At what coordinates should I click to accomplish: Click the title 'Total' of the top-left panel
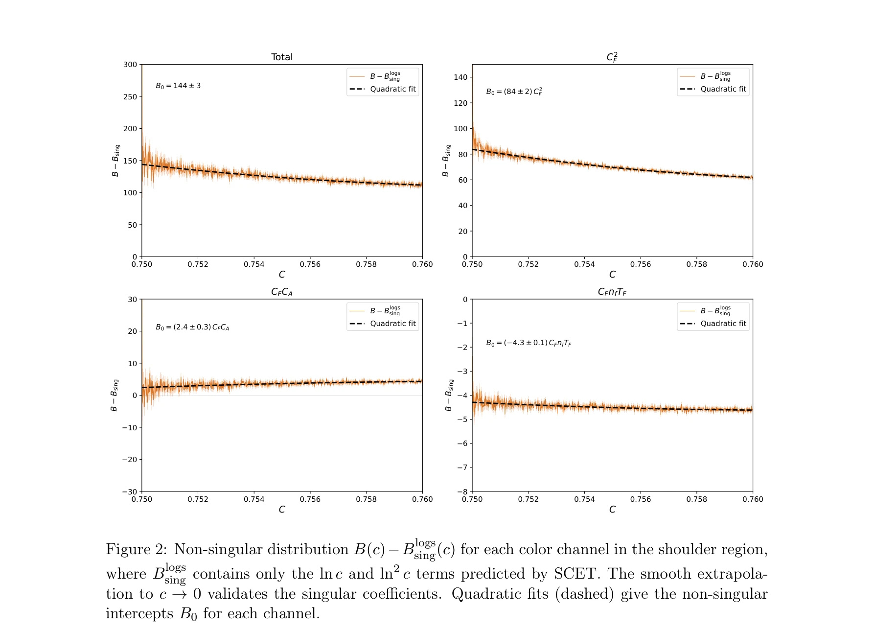pyautogui.click(x=282, y=57)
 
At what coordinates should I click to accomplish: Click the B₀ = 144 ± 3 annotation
pyautogui.click(x=178, y=86)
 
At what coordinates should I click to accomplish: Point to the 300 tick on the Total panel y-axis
pyautogui.click(x=130, y=65)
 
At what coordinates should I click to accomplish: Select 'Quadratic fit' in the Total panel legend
pyautogui.click(x=392, y=89)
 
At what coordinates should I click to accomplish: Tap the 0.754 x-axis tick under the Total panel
pyautogui.click(x=254, y=264)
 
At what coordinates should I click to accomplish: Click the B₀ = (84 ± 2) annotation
pyautogui.click(x=514, y=92)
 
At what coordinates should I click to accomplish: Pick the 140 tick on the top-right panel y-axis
pyautogui.click(x=460, y=77)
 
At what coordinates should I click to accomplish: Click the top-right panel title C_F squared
pyautogui.click(x=612, y=57)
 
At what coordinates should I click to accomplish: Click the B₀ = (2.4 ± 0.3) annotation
pyautogui.click(x=192, y=327)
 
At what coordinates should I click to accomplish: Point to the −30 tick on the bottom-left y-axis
pyautogui.click(x=130, y=491)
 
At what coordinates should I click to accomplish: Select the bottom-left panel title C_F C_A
pyautogui.click(x=282, y=292)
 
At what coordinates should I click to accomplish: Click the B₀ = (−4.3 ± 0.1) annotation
pyautogui.click(x=529, y=343)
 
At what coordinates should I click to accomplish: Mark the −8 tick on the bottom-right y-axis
pyautogui.click(x=462, y=491)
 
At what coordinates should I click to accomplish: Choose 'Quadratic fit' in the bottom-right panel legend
pyautogui.click(x=723, y=324)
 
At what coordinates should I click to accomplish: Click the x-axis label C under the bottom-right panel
pyautogui.click(x=612, y=510)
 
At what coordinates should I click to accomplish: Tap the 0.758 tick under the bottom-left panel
pyautogui.click(x=366, y=499)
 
